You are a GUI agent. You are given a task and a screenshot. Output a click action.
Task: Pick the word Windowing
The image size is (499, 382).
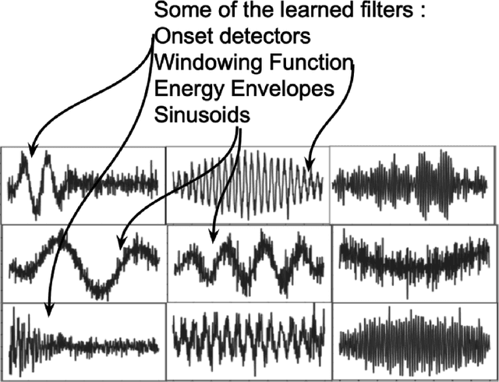tap(204, 62)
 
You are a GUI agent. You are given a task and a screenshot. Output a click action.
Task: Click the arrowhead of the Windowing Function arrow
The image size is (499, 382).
tap(310, 168)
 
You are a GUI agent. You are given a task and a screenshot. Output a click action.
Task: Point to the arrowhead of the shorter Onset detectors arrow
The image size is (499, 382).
tap(30, 153)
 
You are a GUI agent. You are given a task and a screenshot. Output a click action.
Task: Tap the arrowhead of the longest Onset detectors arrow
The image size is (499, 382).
tap(48, 315)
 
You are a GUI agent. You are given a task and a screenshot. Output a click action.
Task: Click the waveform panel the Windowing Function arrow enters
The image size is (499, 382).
tap(247, 185)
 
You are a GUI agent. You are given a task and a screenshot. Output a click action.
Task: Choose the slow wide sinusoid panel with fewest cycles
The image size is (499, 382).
tap(83, 264)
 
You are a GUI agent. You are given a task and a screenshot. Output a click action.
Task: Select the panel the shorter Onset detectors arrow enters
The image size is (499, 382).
tap(83, 185)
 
